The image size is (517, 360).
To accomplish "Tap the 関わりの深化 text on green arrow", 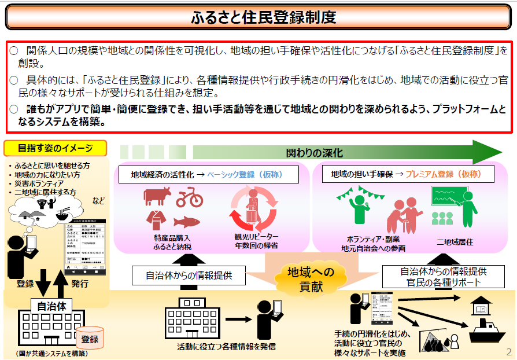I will click(314, 153).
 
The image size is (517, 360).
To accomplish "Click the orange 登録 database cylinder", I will click(89, 339).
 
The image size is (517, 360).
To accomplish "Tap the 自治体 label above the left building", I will click(51, 306).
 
